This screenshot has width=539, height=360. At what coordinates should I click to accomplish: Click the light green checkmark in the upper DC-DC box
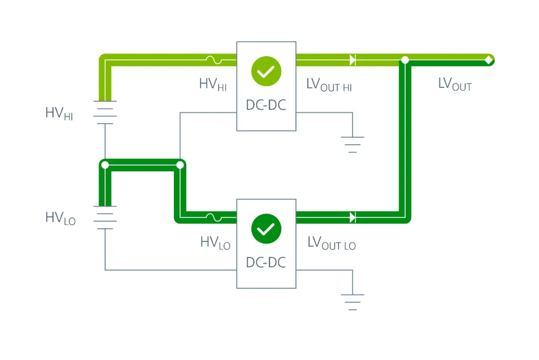266,71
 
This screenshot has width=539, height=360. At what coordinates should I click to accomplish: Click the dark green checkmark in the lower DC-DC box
266,229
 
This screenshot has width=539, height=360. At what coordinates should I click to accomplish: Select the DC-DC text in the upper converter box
266,105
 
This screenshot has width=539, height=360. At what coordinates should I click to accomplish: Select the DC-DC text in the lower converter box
266,262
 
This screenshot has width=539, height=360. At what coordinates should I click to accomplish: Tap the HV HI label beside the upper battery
59,114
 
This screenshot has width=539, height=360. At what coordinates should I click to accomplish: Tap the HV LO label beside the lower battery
60,219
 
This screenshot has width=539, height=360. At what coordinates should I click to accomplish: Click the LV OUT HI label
329,85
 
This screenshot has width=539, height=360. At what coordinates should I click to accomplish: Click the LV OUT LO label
331,243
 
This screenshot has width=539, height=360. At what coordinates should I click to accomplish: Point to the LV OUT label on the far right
455,84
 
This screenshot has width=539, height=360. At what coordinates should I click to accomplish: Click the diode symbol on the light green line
353,60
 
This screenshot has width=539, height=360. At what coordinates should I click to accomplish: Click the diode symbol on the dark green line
353,217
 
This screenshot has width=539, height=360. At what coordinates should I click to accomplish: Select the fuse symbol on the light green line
214,60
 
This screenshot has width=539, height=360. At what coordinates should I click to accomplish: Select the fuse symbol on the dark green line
214,217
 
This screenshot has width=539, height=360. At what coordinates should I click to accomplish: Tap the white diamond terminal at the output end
489,60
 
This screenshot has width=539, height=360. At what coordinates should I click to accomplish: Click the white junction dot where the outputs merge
405,60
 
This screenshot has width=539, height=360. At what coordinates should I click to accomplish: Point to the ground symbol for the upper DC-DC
352,144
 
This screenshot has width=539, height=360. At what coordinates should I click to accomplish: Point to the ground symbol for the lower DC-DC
352,302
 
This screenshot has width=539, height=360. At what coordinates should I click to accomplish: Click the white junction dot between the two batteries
105,165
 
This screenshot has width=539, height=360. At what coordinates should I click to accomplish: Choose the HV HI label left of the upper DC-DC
213,85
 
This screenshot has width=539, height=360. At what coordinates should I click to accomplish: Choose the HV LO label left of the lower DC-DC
215,243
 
